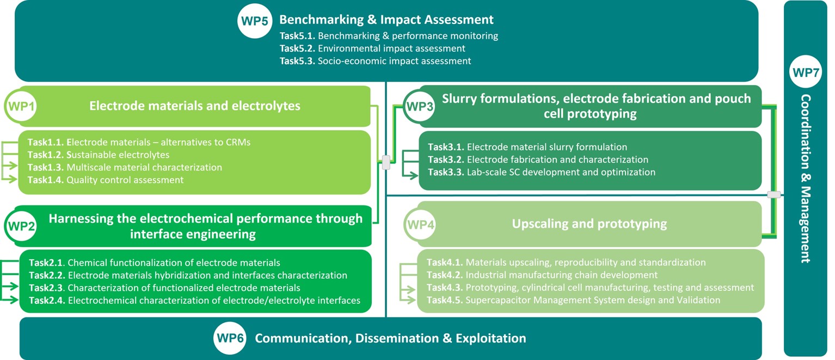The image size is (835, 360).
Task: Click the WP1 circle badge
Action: click(x=21, y=106)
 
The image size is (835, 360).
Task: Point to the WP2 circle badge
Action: click(x=21, y=226)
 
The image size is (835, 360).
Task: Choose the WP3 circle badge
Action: click(x=420, y=106)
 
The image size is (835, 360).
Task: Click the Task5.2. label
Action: click(x=297, y=48)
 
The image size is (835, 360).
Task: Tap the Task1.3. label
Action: click(x=46, y=167)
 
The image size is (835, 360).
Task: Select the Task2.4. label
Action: click(x=47, y=300)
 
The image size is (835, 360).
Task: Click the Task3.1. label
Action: click(x=446, y=147)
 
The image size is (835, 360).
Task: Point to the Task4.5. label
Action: click(x=445, y=300)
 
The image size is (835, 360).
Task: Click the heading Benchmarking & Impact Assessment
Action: click(x=386, y=20)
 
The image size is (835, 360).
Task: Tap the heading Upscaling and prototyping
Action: click(x=589, y=224)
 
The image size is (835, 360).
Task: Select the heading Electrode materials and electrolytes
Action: click(x=194, y=106)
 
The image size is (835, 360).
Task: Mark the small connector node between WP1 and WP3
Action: click(x=386, y=162)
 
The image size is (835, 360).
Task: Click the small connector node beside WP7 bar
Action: click(x=773, y=194)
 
